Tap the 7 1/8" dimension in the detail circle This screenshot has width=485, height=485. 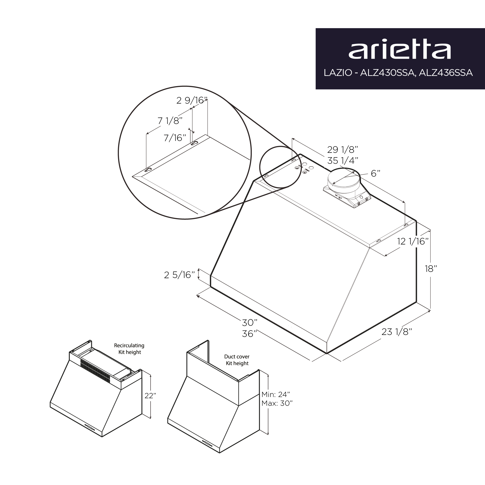pos(170,121)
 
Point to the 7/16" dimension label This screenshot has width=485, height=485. pos(175,138)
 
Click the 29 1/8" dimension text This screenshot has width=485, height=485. pos(342,150)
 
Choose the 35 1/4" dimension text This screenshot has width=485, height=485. pos(342,161)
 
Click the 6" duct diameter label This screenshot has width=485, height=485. pos(376,173)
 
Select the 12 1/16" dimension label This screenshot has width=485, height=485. pos(413,242)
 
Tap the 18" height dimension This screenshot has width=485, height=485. pos(431,269)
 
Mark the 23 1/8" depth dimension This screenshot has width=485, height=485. pos(397,332)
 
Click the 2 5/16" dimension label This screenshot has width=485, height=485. pos(179,275)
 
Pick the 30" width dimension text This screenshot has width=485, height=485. pos(250,323)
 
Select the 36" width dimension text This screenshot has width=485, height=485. pos(250,334)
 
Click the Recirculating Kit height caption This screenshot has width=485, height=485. pos(129,349)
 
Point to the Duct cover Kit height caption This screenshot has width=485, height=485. pos(237,360)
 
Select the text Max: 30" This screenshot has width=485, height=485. pos(277,403)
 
